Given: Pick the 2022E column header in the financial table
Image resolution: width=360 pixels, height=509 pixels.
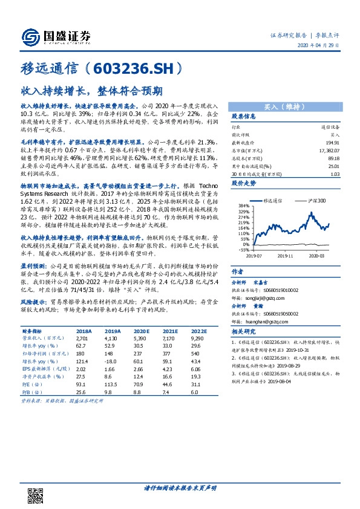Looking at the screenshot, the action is point(198,332).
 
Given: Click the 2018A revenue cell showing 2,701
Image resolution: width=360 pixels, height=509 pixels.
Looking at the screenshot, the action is point(83,339).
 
